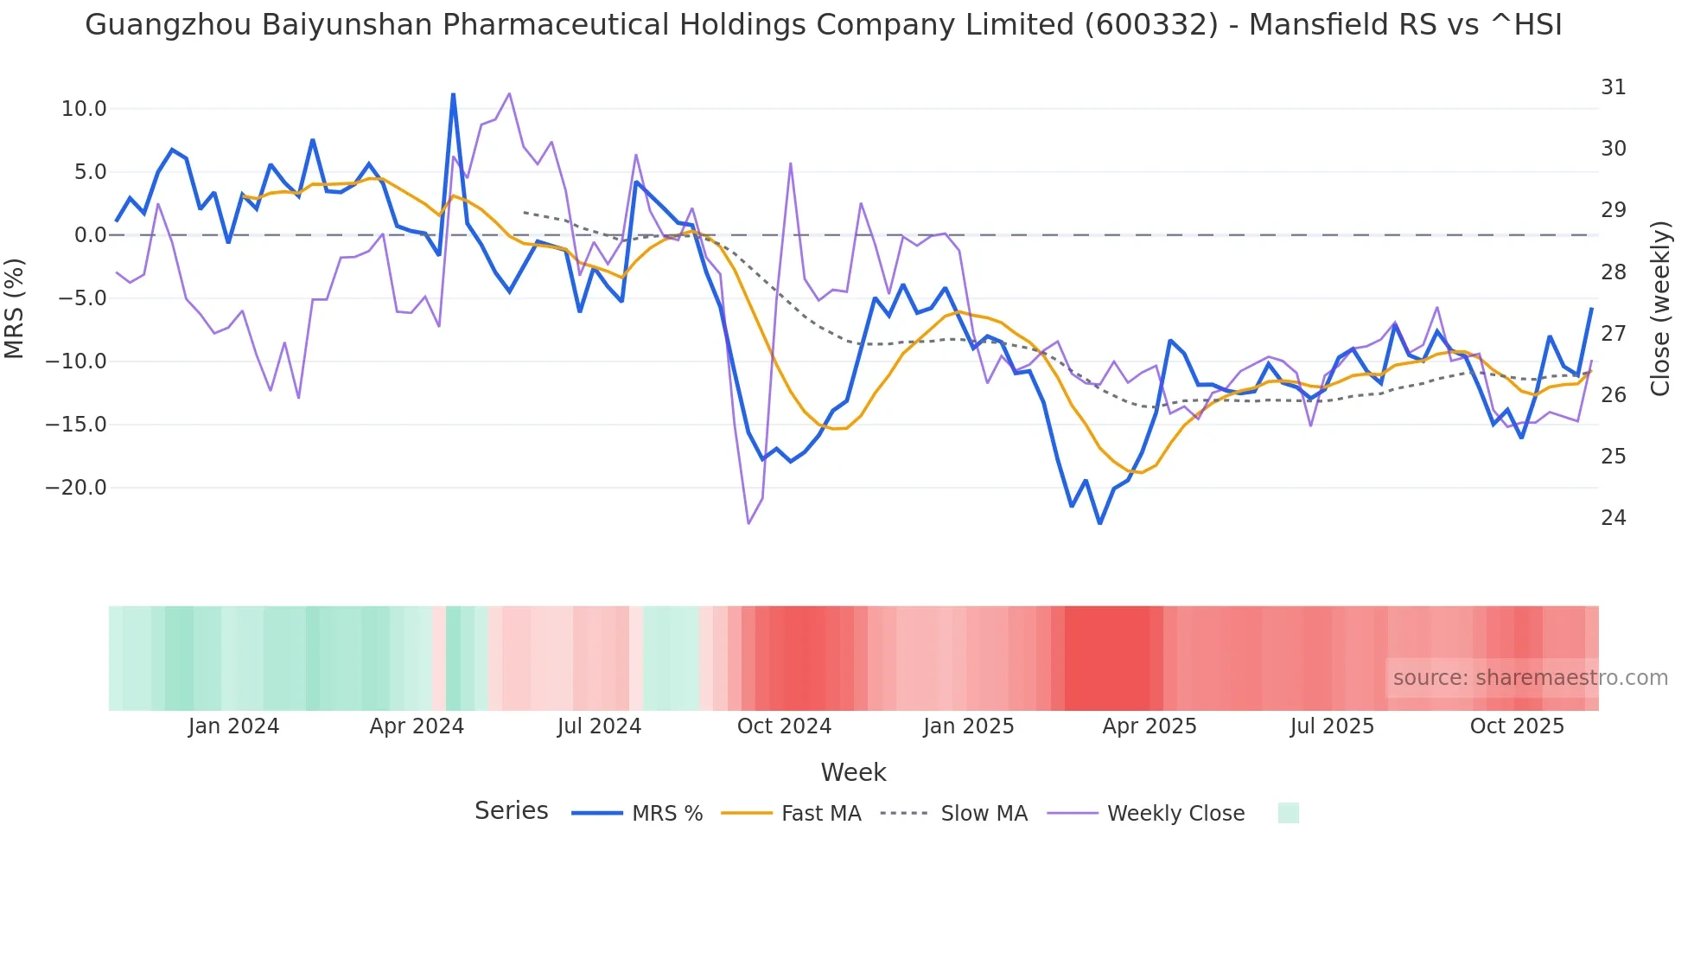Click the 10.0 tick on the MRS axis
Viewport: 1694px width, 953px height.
coord(84,109)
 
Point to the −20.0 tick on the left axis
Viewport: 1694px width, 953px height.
coord(76,488)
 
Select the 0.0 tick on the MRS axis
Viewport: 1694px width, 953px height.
coord(90,235)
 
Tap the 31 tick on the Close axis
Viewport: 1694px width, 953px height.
coord(1613,87)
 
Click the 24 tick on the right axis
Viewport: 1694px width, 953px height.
coord(1613,518)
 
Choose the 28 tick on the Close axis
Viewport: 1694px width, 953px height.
coord(1613,272)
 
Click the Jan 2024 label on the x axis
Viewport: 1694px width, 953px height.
coord(233,726)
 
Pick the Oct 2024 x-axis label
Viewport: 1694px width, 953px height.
coord(784,726)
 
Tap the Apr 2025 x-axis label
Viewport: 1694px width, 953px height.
coord(1149,726)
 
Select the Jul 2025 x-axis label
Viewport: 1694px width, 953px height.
coord(1332,726)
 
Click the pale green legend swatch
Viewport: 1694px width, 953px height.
coord(1288,813)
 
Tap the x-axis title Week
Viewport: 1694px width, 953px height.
coord(853,772)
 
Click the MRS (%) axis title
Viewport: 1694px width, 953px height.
coord(15,308)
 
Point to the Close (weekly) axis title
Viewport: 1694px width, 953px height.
coord(1659,308)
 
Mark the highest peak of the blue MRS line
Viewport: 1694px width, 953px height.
coord(453,94)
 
